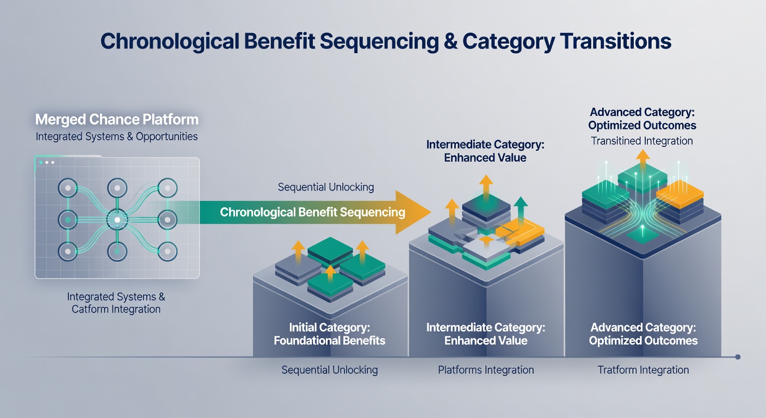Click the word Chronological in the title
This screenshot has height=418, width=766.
[x=169, y=42]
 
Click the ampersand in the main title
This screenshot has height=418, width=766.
[x=450, y=41]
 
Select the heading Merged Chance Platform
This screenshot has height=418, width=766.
[x=116, y=120]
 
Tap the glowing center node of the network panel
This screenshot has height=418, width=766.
[x=118, y=220]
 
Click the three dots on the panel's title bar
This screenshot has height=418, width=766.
[x=47, y=163]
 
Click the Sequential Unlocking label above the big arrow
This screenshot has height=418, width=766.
[x=325, y=187]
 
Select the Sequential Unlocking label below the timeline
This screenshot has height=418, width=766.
[x=329, y=370]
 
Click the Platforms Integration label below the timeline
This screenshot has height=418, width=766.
[x=486, y=370]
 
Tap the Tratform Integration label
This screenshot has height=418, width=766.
[x=643, y=370]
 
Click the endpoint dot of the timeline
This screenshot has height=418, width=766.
[x=738, y=357]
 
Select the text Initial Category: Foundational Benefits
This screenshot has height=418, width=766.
[x=329, y=334]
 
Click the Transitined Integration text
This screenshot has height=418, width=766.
[x=642, y=141]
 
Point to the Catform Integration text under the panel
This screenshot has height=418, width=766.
[x=116, y=309]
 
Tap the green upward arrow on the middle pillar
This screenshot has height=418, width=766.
[x=521, y=210]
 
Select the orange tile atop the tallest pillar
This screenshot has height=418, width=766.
[x=680, y=194]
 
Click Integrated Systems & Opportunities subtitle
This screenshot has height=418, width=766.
[x=116, y=137]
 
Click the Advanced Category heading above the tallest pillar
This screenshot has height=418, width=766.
[x=642, y=119]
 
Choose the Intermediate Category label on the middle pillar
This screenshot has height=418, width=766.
[x=486, y=334]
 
